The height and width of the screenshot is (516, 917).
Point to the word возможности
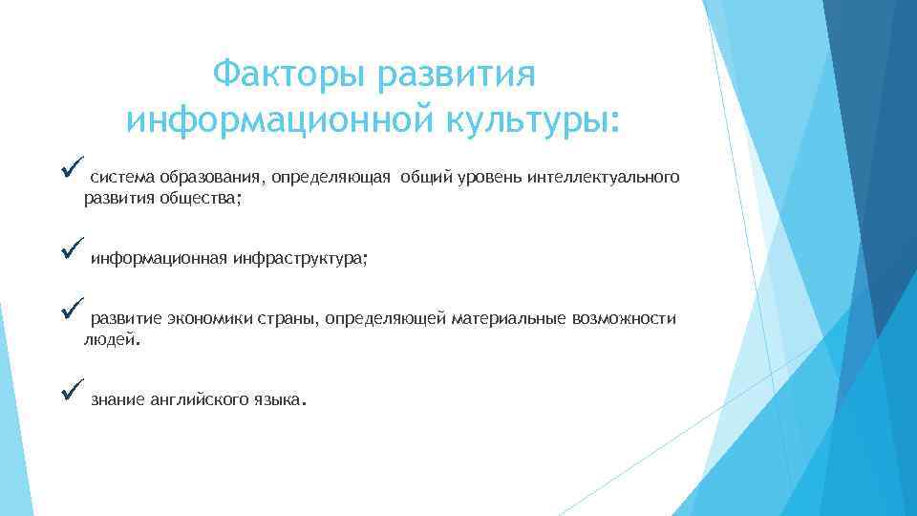click(x=624, y=318)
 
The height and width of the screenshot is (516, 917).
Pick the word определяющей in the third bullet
click(x=385, y=318)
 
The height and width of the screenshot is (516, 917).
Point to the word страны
click(x=287, y=318)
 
